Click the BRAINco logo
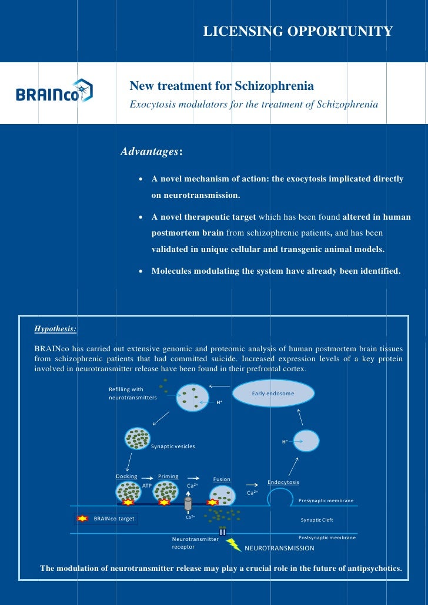(x=55, y=92)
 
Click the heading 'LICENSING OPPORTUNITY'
(x=297, y=31)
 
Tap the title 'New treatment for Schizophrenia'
(x=222, y=86)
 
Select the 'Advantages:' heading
(x=152, y=152)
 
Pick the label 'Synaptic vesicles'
(x=173, y=446)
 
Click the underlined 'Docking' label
(x=126, y=476)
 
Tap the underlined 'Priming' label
(x=168, y=476)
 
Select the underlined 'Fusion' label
(x=222, y=479)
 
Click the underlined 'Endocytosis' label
(x=283, y=482)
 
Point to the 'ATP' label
(x=147, y=486)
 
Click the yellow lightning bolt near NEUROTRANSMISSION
(x=234, y=545)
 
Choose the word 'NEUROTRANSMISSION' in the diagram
(x=279, y=548)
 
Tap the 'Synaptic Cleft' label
(x=317, y=520)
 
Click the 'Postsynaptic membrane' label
(x=326, y=537)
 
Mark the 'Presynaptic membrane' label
(x=326, y=500)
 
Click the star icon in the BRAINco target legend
(x=83, y=519)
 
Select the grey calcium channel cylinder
(x=188, y=503)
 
